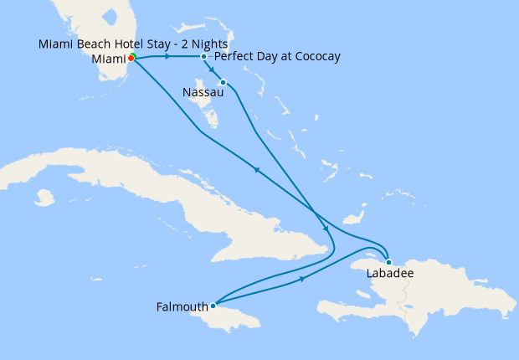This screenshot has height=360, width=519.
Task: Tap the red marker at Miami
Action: [131, 58]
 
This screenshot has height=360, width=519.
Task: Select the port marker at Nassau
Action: [223, 82]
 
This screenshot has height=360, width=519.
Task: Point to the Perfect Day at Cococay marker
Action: [204, 56]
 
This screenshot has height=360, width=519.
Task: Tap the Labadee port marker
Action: [388, 262]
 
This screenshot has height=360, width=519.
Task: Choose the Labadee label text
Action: [390, 274]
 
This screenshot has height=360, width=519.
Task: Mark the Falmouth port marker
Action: [213, 306]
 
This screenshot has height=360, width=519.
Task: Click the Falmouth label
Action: [182, 306]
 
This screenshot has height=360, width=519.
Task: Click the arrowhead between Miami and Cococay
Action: [168, 57]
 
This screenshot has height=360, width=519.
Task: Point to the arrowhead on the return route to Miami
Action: [256, 170]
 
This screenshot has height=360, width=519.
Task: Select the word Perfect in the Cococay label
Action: [234, 56]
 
